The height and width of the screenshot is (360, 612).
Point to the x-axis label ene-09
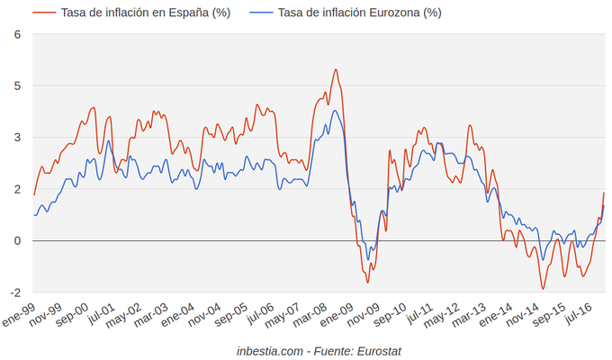[x=337, y=316]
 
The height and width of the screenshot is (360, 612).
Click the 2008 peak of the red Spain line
[x=336, y=69]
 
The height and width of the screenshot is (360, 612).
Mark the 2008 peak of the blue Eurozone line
[x=335, y=111]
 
